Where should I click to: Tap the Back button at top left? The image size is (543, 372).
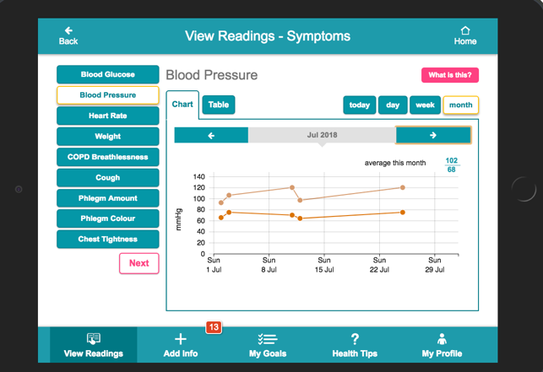click(x=68, y=35)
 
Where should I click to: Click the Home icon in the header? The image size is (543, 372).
click(x=464, y=35)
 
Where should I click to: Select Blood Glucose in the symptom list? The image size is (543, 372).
click(x=107, y=75)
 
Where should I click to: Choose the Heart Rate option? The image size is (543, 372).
click(x=107, y=116)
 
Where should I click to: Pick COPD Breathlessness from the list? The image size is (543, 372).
click(x=107, y=157)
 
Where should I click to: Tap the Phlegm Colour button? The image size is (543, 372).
click(x=107, y=218)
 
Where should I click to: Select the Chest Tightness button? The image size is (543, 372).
click(x=107, y=240)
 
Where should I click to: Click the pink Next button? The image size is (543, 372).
click(x=138, y=263)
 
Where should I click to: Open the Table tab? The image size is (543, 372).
click(x=219, y=105)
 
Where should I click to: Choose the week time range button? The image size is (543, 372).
click(x=425, y=105)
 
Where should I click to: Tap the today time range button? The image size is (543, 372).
click(x=360, y=105)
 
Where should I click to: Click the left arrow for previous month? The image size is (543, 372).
click(x=211, y=135)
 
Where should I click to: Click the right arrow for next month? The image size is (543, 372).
click(x=432, y=135)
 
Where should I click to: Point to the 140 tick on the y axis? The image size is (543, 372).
click(x=199, y=177)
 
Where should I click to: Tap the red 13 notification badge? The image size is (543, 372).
click(x=213, y=327)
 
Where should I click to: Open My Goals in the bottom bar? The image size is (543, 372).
click(x=268, y=345)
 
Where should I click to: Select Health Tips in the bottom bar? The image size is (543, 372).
click(x=355, y=345)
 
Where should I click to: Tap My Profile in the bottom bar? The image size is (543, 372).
click(x=442, y=345)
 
